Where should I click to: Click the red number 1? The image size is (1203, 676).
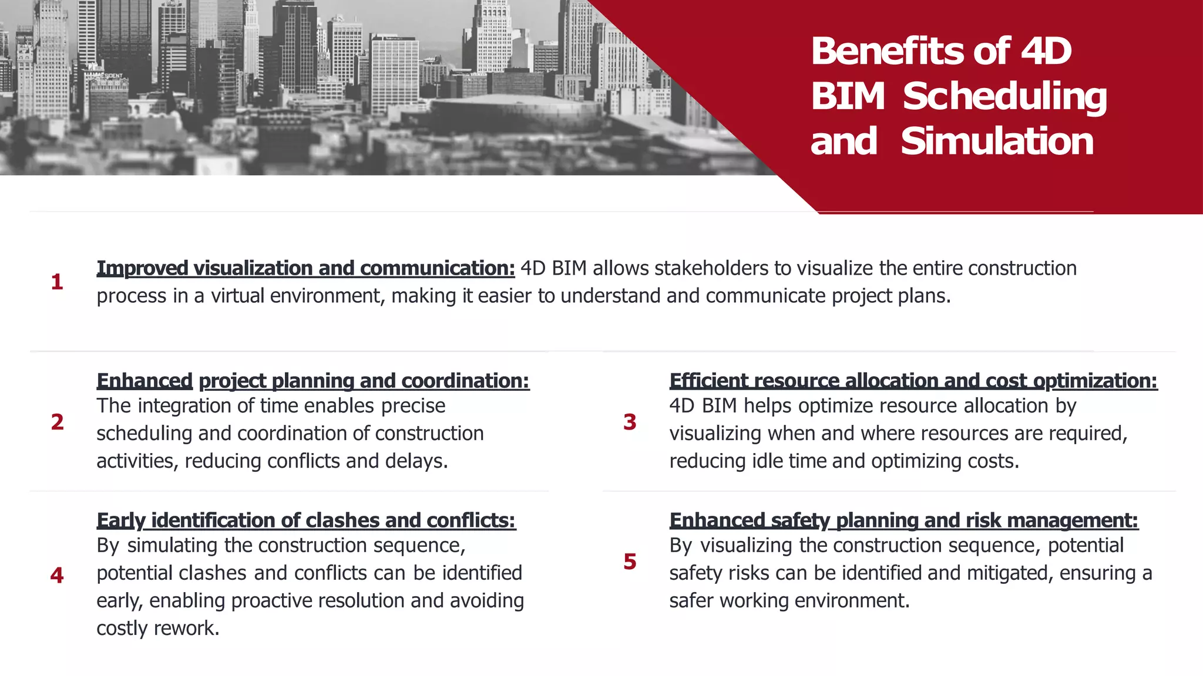click(57, 282)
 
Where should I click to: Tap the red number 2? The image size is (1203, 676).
click(57, 422)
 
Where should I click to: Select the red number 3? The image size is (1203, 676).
click(630, 422)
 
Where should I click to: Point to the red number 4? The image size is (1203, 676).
click(57, 575)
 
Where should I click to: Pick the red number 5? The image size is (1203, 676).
click(630, 562)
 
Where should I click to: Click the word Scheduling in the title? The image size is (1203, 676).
click(1004, 96)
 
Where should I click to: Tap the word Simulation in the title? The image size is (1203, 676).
click(997, 141)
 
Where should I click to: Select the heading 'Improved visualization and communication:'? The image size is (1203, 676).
click(305, 268)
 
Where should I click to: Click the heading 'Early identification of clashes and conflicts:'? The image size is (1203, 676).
click(305, 520)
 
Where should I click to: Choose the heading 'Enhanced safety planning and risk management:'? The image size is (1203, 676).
click(903, 520)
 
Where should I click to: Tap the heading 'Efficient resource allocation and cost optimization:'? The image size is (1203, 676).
click(913, 381)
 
